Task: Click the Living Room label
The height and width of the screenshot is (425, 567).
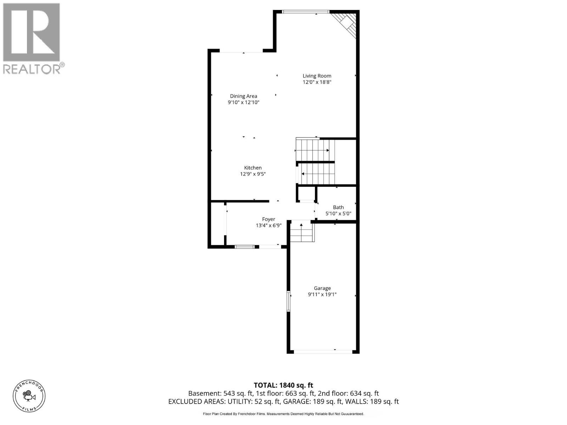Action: [317, 76]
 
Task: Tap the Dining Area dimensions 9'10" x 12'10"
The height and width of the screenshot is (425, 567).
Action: [243, 102]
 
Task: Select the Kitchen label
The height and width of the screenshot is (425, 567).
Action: [253, 168]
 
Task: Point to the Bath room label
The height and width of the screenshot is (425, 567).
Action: [338, 207]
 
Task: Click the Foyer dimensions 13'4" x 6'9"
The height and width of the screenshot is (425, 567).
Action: [269, 225]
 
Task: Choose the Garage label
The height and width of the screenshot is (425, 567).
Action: [322, 288]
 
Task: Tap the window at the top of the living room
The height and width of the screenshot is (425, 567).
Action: [305, 12]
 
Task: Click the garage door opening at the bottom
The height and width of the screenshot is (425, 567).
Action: [323, 352]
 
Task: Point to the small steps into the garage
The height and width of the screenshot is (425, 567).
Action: [302, 232]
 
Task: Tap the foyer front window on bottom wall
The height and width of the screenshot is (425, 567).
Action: [245, 246]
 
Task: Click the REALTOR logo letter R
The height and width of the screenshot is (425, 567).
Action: [31, 32]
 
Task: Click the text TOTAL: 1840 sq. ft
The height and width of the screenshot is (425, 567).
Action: [283, 385]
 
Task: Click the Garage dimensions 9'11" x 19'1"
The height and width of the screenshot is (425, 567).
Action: [322, 294]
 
